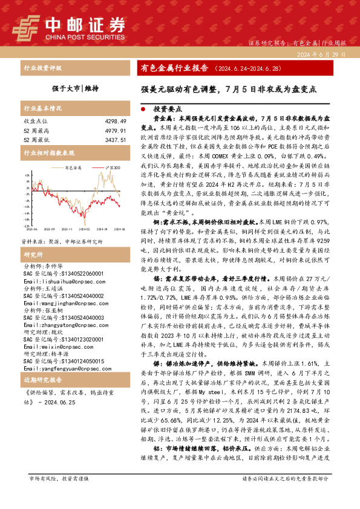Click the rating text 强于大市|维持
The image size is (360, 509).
75,88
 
